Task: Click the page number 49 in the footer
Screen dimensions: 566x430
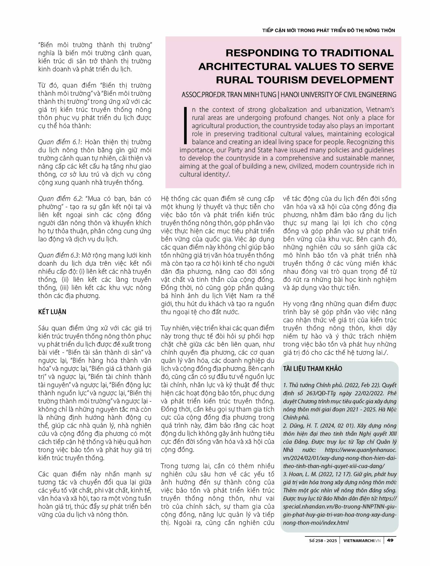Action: pyautogui.click(x=390, y=540)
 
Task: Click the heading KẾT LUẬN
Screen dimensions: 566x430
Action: pyautogui.click(x=52, y=312)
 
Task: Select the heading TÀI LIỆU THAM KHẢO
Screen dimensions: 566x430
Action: pyautogui.click(x=312, y=369)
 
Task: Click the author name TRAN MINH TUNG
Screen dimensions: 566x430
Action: pyautogui.click(x=252, y=95)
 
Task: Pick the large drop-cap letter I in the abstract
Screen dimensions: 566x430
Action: pyautogui.click(x=185, y=125)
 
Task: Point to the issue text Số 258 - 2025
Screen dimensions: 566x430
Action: pyautogui.click(x=323, y=540)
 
